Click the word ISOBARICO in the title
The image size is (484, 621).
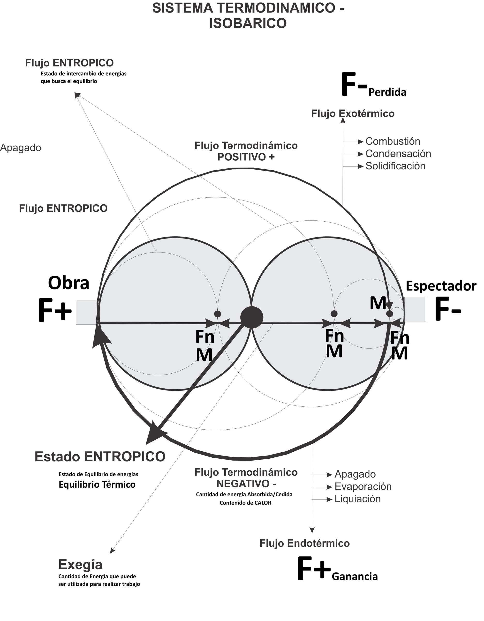click(x=248, y=23)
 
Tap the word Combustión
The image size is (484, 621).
click(x=393, y=141)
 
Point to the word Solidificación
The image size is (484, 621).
click(x=395, y=166)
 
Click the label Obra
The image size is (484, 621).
click(x=69, y=283)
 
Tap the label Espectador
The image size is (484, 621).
click(x=441, y=286)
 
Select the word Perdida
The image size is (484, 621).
click(x=387, y=92)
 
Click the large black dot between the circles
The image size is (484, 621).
click(x=252, y=318)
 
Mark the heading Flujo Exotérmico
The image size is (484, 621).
click(x=353, y=114)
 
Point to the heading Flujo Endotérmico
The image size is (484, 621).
click(x=304, y=543)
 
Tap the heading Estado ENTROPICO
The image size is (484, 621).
click(x=100, y=457)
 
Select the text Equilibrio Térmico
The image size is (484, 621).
click(x=97, y=484)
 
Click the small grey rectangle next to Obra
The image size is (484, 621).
click(x=86, y=312)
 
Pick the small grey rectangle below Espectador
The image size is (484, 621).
click(x=415, y=309)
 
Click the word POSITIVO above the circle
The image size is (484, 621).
click(x=242, y=157)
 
